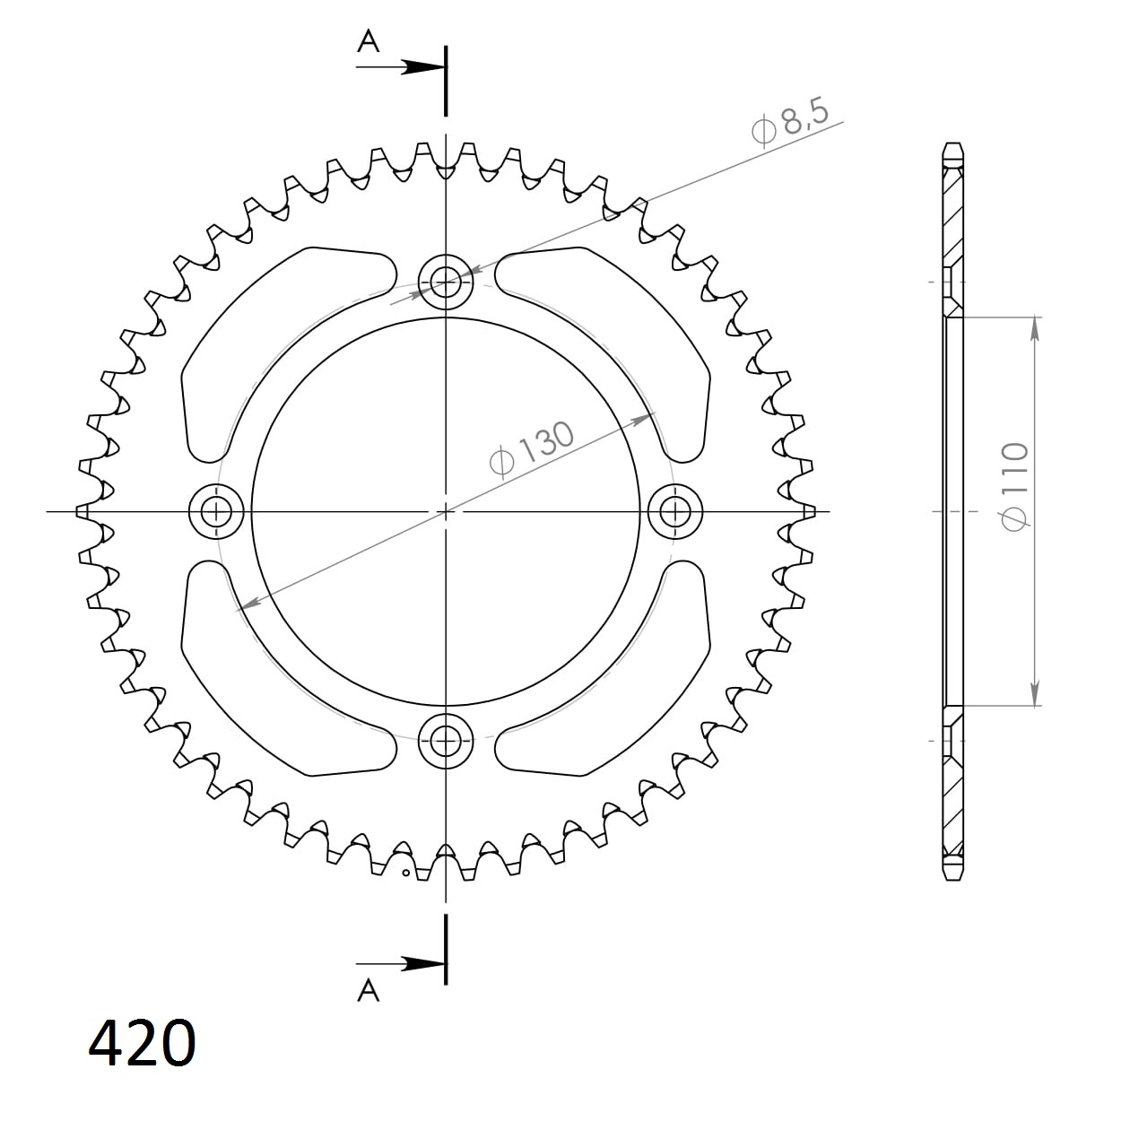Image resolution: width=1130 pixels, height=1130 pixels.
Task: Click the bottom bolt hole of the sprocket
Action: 446,740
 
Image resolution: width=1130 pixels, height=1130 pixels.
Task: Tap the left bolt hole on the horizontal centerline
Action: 217,512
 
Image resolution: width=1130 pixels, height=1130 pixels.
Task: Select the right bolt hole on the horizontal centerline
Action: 674,512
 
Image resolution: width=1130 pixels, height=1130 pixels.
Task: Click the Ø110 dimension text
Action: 1015,486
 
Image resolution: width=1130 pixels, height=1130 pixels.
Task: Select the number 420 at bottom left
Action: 142,1043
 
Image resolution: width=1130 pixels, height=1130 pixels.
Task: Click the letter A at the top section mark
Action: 369,41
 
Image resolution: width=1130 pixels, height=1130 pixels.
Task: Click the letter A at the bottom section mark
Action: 369,989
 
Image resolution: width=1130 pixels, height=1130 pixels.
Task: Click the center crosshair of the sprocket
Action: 446,512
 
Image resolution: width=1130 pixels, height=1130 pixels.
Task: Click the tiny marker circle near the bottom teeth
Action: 405,872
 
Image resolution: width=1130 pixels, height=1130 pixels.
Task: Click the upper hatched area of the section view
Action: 954,215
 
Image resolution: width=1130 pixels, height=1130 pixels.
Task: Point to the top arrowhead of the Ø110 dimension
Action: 1036,329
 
